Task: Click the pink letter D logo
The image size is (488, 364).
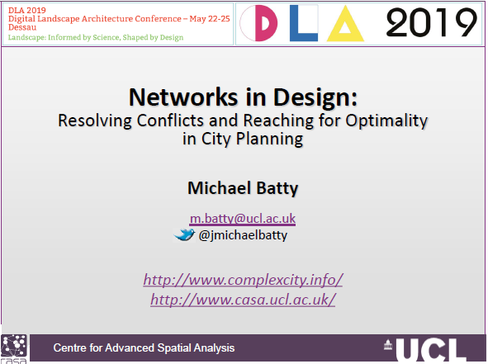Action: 266,23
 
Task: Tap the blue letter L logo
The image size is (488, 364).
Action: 303,23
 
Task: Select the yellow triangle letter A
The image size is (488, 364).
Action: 345,25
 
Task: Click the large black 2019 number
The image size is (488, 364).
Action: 431,22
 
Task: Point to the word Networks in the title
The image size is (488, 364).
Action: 183,97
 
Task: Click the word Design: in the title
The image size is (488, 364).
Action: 315,98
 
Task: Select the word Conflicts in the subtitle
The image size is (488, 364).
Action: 170,121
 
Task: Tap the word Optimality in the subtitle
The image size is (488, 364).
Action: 386,121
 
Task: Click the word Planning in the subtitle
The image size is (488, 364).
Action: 269,139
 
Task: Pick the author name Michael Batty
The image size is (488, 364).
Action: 243,188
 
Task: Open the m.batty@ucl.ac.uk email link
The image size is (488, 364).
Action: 243,219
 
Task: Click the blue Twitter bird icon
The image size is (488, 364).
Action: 184,234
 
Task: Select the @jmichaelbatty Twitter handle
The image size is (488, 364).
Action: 243,235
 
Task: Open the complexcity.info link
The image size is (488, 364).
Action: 243,280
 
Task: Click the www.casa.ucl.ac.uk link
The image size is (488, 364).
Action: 243,300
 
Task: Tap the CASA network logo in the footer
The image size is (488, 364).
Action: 14,349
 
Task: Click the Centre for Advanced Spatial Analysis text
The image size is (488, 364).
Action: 144,347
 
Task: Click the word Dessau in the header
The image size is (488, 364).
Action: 22,27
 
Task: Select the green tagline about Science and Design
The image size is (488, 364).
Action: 96,37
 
